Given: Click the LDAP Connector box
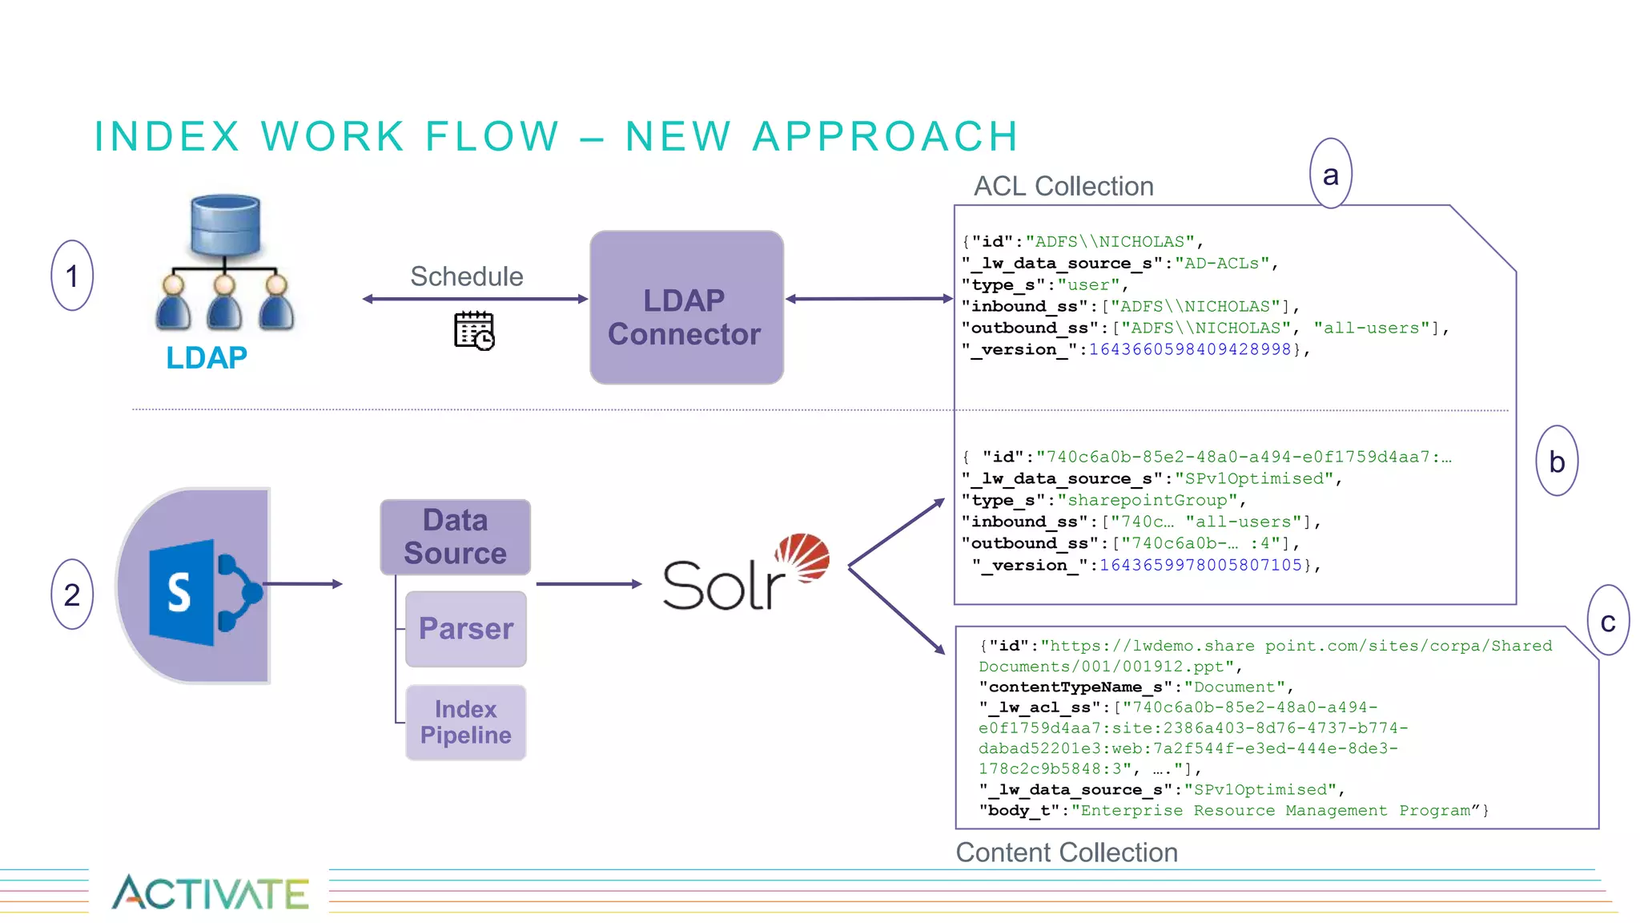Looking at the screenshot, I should [686, 308].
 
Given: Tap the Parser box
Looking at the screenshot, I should [466, 629].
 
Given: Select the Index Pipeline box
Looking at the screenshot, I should [466, 722].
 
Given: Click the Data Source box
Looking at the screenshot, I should [455, 537].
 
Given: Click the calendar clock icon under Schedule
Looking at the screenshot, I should [474, 331].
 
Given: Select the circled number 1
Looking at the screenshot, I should [72, 276].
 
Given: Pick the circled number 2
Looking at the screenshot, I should [72, 595].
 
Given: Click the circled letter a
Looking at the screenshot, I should [1330, 174].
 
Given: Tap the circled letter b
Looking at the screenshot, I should [1557, 461].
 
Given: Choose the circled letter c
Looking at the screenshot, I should [1608, 621].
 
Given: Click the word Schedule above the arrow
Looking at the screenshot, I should [467, 276].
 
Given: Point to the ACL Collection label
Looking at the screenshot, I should [1063, 186].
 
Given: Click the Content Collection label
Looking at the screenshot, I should [1067, 852].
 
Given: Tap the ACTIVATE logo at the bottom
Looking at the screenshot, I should [210, 893].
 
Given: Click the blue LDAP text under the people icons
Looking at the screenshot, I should [207, 357].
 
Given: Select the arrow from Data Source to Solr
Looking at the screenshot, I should [589, 584].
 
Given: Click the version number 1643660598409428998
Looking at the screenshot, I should [1190, 349].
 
